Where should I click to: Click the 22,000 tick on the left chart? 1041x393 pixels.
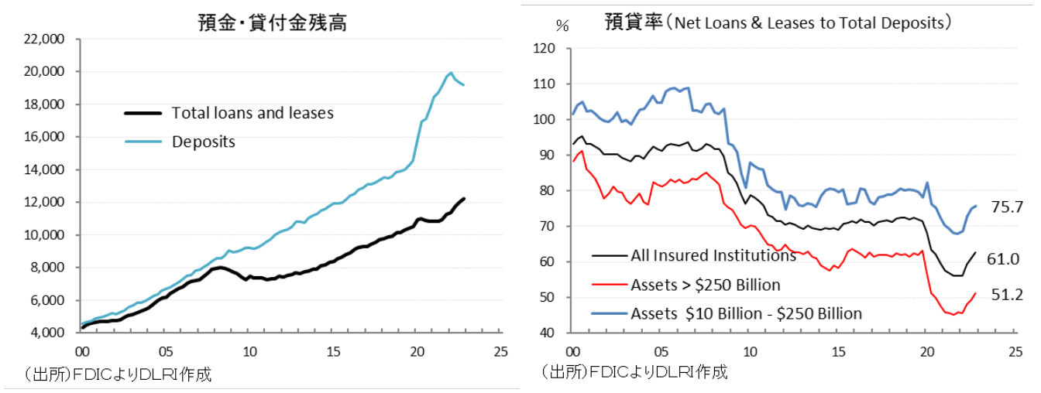point(45,39)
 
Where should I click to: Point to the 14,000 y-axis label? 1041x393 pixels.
point(45,169)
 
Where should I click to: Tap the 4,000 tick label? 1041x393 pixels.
point(48,333)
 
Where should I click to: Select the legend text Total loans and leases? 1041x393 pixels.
point(253,113)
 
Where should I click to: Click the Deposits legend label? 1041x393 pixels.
point(204,142)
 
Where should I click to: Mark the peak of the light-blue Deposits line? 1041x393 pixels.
point(451,73)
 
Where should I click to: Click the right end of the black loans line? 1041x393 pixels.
point(464,199)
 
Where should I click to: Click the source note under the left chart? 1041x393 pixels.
point(118,375)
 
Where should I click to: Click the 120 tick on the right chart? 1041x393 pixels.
point(546,49)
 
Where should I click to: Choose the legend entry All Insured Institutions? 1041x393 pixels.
point(713,256)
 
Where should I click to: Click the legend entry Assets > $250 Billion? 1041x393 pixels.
point(705,285)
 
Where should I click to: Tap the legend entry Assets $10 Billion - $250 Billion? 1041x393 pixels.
point(746,313)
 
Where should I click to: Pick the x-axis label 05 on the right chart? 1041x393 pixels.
point(660,350)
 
